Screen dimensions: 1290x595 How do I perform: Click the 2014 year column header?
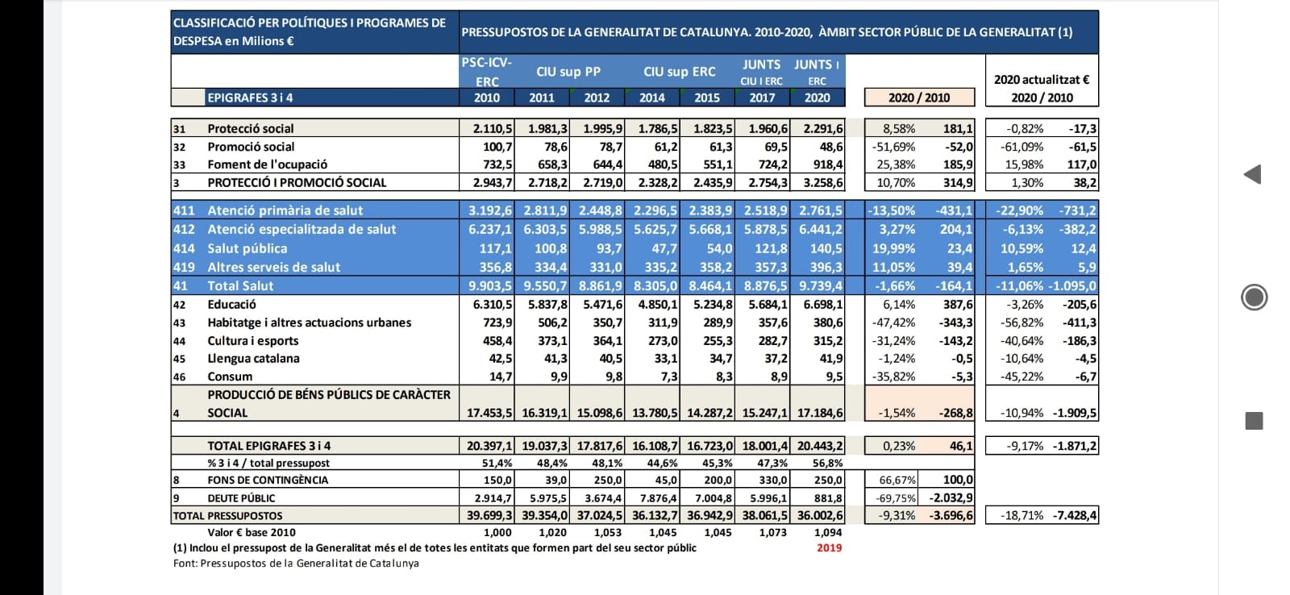[652, 98]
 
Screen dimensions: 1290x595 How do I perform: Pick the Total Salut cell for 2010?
[490, 285]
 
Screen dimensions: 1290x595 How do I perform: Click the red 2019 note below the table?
[830, 547]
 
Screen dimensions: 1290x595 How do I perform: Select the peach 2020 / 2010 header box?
[919, 98]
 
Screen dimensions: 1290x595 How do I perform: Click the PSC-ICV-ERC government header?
[487, 72]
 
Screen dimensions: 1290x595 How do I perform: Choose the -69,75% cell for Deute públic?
[895, 497]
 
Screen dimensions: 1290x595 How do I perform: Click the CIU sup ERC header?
[680, 72]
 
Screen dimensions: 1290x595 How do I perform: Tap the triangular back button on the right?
[1253, 174]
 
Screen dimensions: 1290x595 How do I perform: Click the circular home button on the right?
[1254, 297]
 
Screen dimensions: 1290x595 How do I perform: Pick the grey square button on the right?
[1254, 421]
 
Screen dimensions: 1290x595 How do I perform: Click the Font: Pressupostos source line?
[296, 564]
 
